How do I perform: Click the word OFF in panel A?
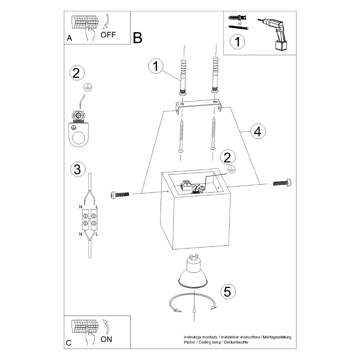(108, 35)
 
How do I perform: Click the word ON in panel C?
(106, 339)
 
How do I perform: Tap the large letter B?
(137, 38)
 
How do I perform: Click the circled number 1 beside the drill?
(237, 42)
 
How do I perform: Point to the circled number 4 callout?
(258, 131)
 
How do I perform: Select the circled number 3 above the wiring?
(77, 169)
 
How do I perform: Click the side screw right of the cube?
(282, 182)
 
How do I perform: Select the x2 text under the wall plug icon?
(239, 23)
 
